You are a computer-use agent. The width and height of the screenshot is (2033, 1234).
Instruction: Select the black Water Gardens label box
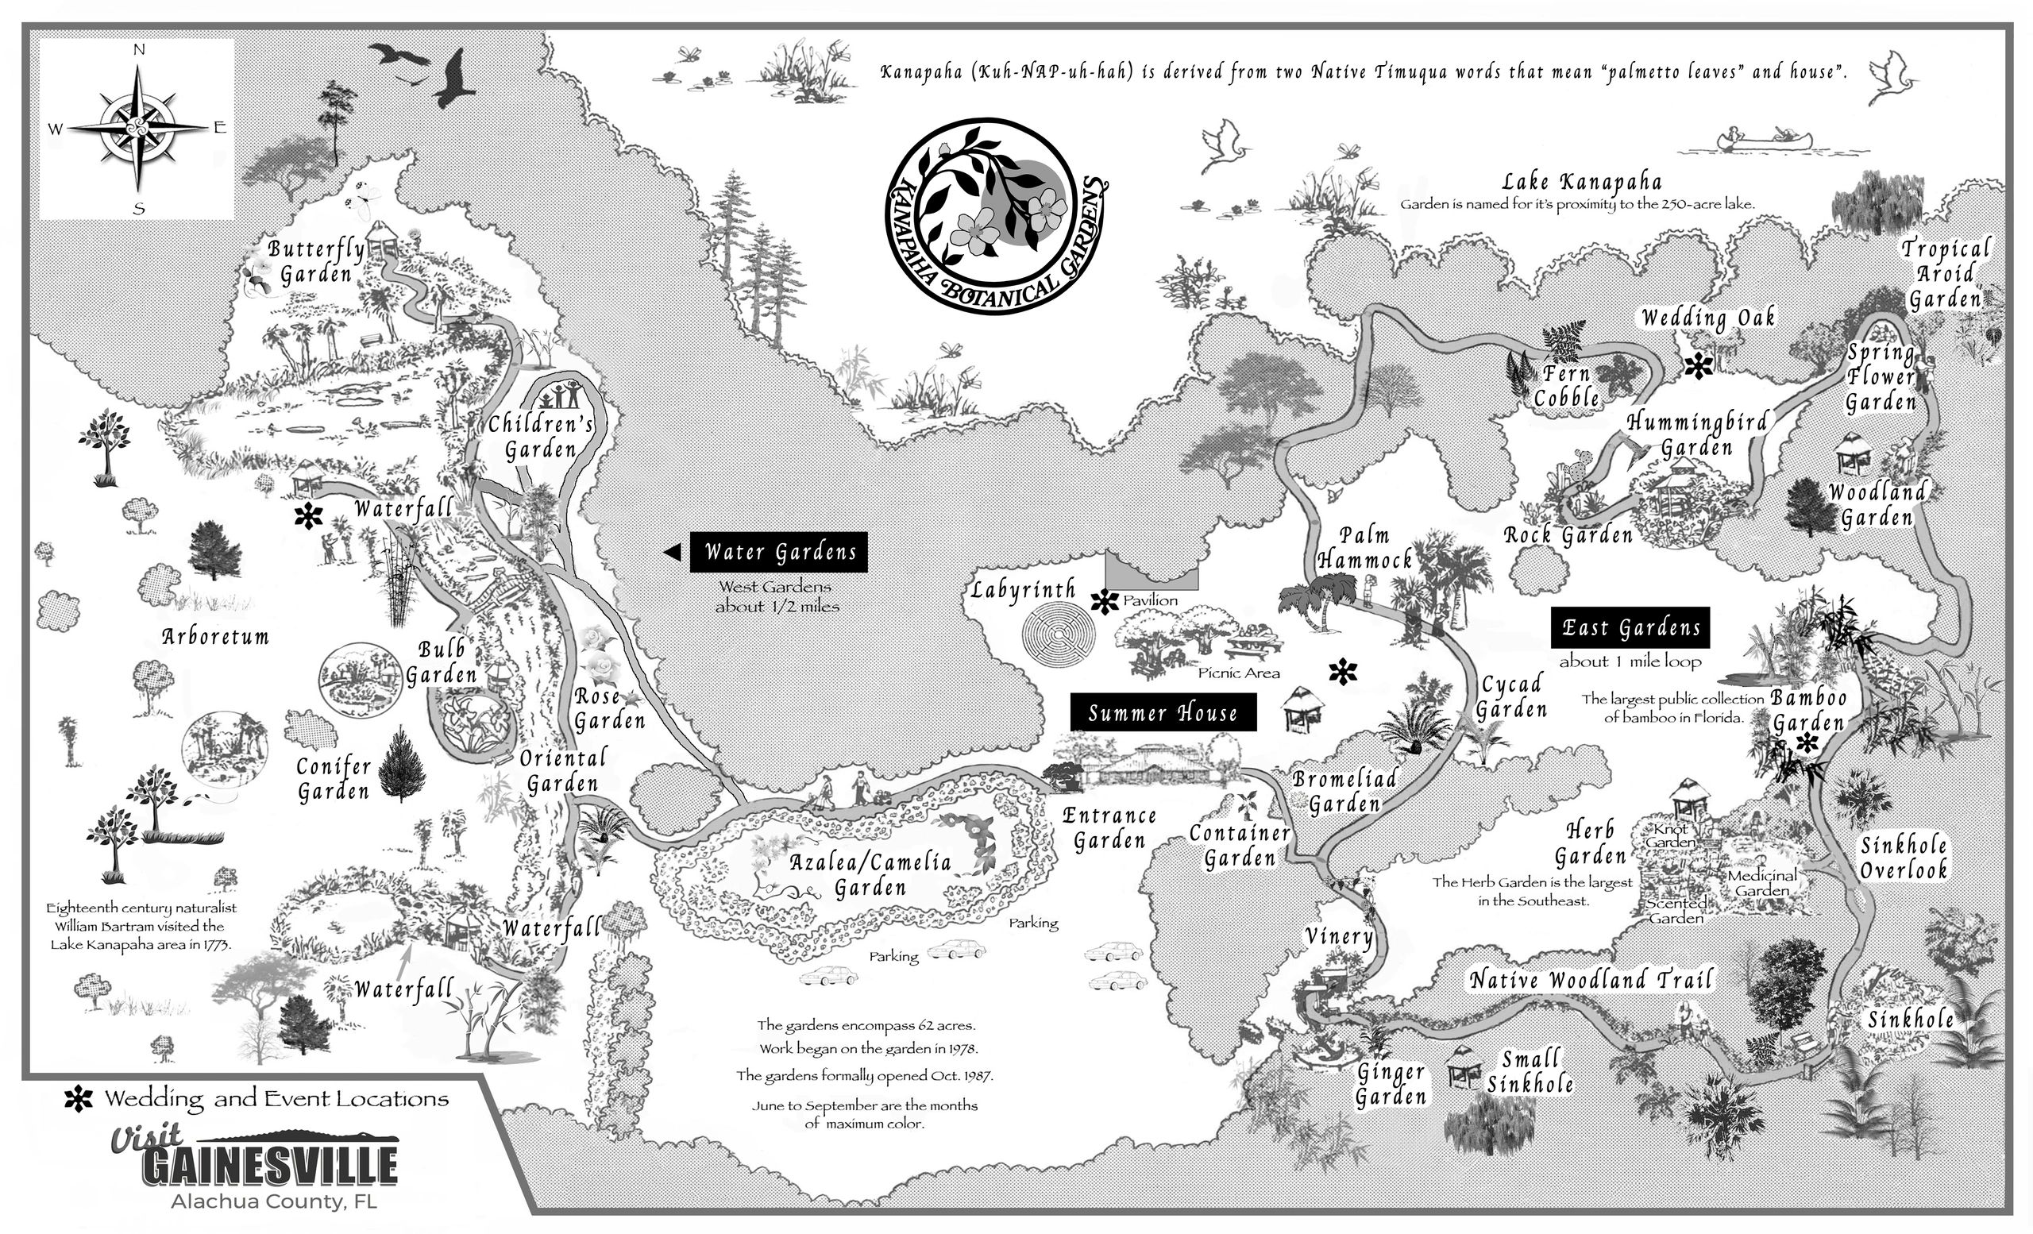(x=779, y=552)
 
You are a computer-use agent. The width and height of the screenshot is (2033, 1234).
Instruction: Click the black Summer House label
(x=1163, y=712)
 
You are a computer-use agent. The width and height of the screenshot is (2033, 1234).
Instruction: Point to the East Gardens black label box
(x=1630, y=629)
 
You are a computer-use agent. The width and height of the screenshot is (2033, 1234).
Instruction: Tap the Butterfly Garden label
(x=316, y=260)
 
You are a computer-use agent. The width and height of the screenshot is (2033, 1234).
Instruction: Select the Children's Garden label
(x=542, y=437)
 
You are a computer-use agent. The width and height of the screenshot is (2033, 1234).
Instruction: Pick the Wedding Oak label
(x=1708, y=318)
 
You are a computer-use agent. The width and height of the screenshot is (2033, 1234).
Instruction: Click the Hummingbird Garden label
(x=1697, y=434)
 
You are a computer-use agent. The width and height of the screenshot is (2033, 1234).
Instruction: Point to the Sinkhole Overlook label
(x=1904, y=858)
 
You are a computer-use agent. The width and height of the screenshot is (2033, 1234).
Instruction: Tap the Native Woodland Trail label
(x=1591, y=980)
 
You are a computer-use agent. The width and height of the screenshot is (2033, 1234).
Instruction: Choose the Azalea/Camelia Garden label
(x=870, y=875)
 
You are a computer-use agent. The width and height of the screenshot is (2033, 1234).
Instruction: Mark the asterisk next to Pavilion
(x=1104, y=602)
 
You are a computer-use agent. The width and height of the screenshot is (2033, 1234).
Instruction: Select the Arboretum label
(x=215, y=637)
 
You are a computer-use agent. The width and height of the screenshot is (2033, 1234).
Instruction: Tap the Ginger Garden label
(x=1391, y=1084)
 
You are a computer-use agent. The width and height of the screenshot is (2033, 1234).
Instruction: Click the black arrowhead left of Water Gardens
(x=673, y=552)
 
